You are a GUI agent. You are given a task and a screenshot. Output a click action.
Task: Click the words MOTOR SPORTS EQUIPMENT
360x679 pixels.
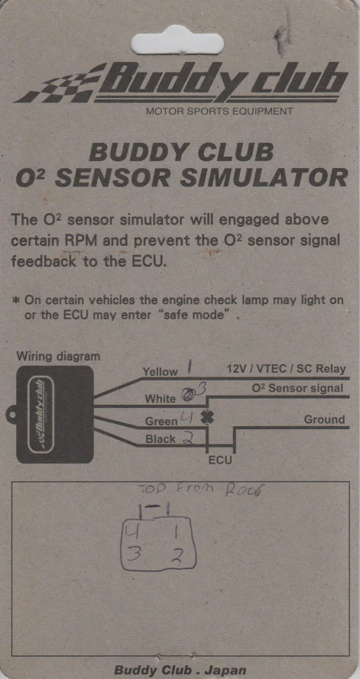coord(219,112)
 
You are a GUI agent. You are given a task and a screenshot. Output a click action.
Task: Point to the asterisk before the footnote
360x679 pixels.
coord(16,299)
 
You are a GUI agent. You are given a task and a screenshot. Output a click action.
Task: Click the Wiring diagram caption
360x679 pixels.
coord(58,356)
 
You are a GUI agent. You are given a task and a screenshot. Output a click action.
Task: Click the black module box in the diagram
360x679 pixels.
coord(54,413)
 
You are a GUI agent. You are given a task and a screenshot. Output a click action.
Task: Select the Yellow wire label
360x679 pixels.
coord(160,372)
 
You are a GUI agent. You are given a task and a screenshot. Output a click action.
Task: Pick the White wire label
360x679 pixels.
coord(160,399)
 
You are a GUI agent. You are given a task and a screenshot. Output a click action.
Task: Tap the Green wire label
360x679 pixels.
coord(161,421)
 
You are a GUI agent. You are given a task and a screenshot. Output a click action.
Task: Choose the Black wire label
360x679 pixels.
coord(161,439)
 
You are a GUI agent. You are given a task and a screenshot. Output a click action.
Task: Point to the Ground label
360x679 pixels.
coord(324,419)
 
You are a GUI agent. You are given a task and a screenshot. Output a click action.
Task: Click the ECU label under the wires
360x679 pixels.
coord(220,461)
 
